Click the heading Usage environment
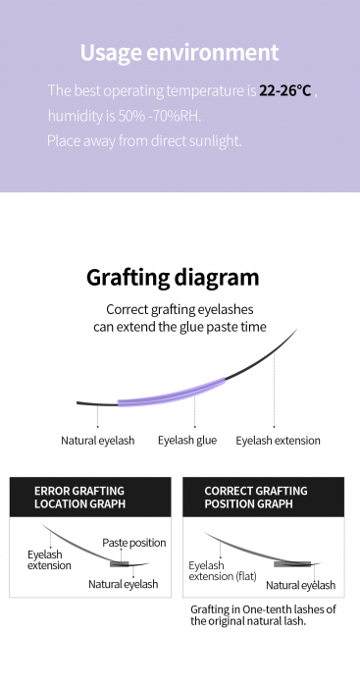point(180,53)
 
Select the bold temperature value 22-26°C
point(285,90)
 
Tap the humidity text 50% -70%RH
point(160,116)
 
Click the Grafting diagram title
point(173,278)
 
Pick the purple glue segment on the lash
point(172,393)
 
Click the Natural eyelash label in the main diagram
point(98,441)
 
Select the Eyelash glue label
point(187,441)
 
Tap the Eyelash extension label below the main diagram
point(279,441)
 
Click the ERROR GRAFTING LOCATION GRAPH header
point(79,497)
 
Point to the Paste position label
point(134,543)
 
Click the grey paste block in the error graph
point(119,564)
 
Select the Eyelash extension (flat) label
point(223,571)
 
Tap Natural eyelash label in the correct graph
point(300,585)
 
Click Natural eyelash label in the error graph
point(123,584)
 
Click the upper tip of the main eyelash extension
point(297,329)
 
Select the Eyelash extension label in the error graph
point(49,560)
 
